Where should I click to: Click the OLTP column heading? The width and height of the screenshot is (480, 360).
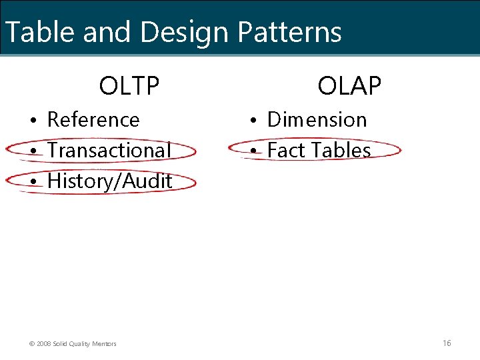(129, 86)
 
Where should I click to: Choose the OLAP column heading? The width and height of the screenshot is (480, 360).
(349, 86)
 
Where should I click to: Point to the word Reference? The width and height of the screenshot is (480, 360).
(93, 120)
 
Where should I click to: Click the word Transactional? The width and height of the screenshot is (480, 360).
(109, 151)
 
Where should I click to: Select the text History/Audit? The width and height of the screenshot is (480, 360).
(110, 181)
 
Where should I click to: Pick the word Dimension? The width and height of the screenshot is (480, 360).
(317, 120)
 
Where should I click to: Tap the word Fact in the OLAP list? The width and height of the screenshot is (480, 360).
(286, 151)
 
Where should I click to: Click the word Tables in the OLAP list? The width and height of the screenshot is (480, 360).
(340, 151)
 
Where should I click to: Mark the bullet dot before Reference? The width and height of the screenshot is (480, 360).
(32, 121)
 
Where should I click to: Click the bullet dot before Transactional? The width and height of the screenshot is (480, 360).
(32, 151)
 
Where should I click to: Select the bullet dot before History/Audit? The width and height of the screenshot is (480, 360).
(32, 182)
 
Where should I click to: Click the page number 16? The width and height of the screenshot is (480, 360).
(447, 343)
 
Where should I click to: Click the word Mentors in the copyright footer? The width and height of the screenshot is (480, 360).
(103, 344)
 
